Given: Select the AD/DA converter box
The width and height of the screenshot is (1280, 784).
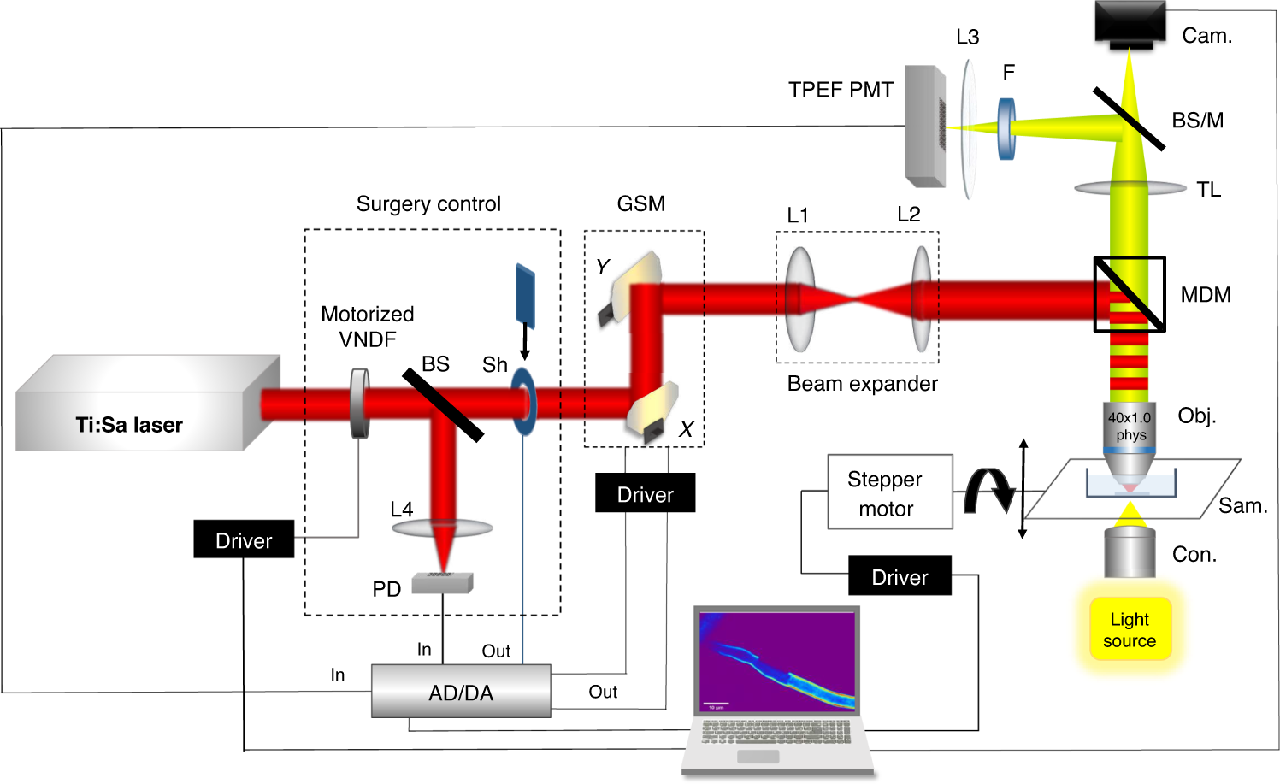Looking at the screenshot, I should click(x=461, y=691).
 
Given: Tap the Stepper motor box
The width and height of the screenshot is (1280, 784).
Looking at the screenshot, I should click(x=889, y=492).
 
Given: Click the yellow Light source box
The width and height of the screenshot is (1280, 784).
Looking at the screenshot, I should click(x=1130, y=629).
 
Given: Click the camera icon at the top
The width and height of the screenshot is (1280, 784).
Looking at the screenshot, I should click(x=1130, y=24).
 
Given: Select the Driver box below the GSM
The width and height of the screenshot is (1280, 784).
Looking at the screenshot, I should click(x=645, y=493).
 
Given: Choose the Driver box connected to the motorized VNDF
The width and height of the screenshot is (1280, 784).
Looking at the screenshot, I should click(x=244, y=539).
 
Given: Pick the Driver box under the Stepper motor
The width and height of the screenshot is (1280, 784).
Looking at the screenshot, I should click(x=900, y=576).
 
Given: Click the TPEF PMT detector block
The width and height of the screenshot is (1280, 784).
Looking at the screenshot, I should click(x=925, y=127).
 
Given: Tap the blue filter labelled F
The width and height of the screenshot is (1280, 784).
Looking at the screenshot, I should click(x=1007, y=129).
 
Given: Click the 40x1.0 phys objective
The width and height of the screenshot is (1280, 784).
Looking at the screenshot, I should click(x=1130, y=436).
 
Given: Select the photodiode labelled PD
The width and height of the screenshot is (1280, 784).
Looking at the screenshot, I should click(x=442, y=583).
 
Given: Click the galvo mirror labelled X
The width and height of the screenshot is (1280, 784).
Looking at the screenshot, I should click(x=653, y=412).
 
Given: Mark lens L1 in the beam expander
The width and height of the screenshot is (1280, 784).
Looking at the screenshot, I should click(x=800, y=299).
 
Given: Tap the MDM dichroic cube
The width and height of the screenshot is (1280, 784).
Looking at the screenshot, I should click(x=1130, y=294).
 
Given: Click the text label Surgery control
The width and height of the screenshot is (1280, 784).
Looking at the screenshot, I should click(x=428, y=204).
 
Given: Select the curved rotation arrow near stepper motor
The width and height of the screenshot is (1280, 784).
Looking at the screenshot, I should click(x=988, y=491).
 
